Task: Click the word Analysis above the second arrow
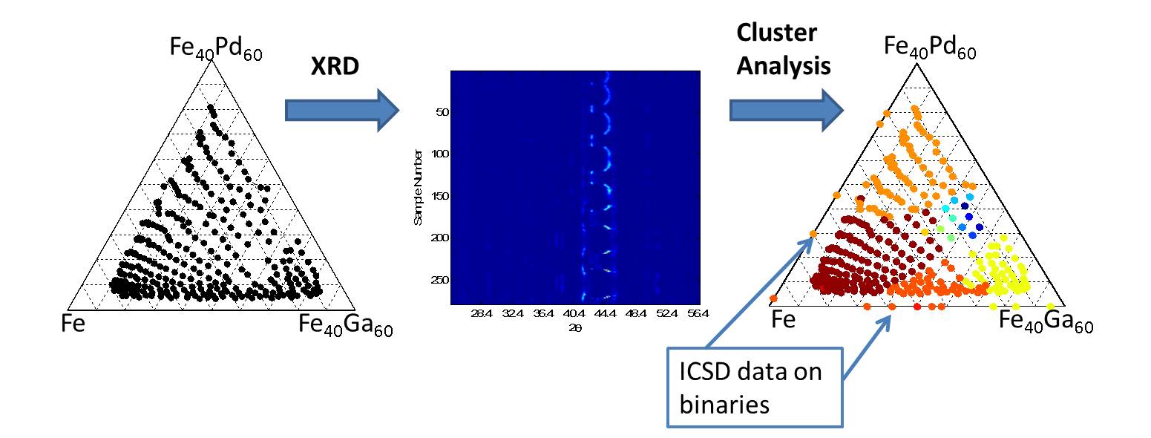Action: [783, 67]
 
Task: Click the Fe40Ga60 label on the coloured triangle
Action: [1046, 321]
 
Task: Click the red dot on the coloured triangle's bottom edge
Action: [916, 306]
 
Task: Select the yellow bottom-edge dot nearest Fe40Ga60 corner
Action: [1050, 306]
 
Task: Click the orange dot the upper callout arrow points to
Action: [813, 233]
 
